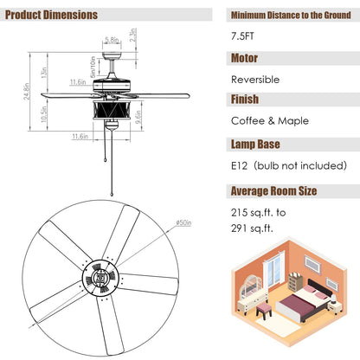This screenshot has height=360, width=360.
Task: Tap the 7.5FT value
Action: pos(246,38)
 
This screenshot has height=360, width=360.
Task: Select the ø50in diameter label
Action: pos(182,222)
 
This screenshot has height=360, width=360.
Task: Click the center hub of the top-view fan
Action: pos(103,280)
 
